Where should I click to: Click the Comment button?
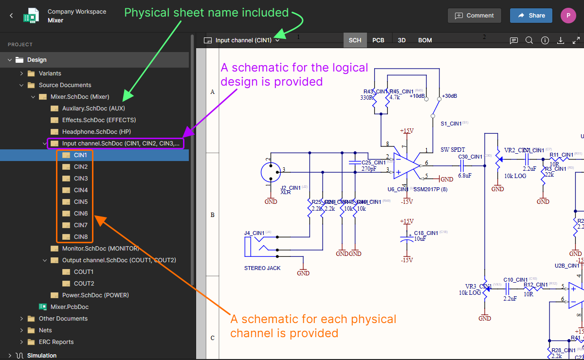pos(474,16)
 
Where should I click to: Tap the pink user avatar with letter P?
pos(568,16)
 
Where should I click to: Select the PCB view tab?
pos(378,40)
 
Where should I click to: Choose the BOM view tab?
pos(425,40)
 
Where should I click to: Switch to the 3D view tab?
pos(401,40)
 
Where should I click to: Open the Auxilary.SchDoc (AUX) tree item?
pos(93,108)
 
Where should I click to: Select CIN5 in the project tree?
pos(81,202)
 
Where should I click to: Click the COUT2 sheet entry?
pos(84,284)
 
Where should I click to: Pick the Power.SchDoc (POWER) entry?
pos(95,295)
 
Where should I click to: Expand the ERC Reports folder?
pos(56,342)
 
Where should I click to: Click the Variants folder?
pos(50,73)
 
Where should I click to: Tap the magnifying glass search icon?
pos(529,40)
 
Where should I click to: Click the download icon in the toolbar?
pos(560,40)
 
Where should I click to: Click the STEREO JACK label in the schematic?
pos(262,268)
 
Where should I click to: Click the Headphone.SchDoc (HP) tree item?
pos(96,132)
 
